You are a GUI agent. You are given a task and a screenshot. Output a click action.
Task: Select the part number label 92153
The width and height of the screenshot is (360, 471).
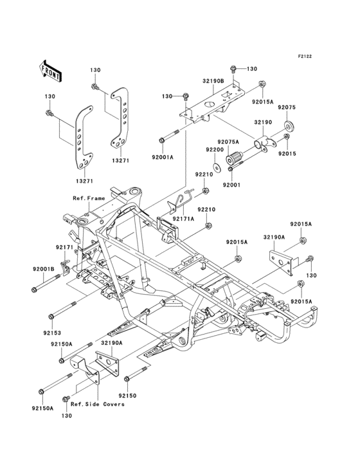(51, 333)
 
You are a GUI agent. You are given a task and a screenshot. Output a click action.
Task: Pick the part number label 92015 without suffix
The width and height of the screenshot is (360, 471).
(305, 154)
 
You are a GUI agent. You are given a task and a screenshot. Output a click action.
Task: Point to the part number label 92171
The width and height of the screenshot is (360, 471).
(64, 247)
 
